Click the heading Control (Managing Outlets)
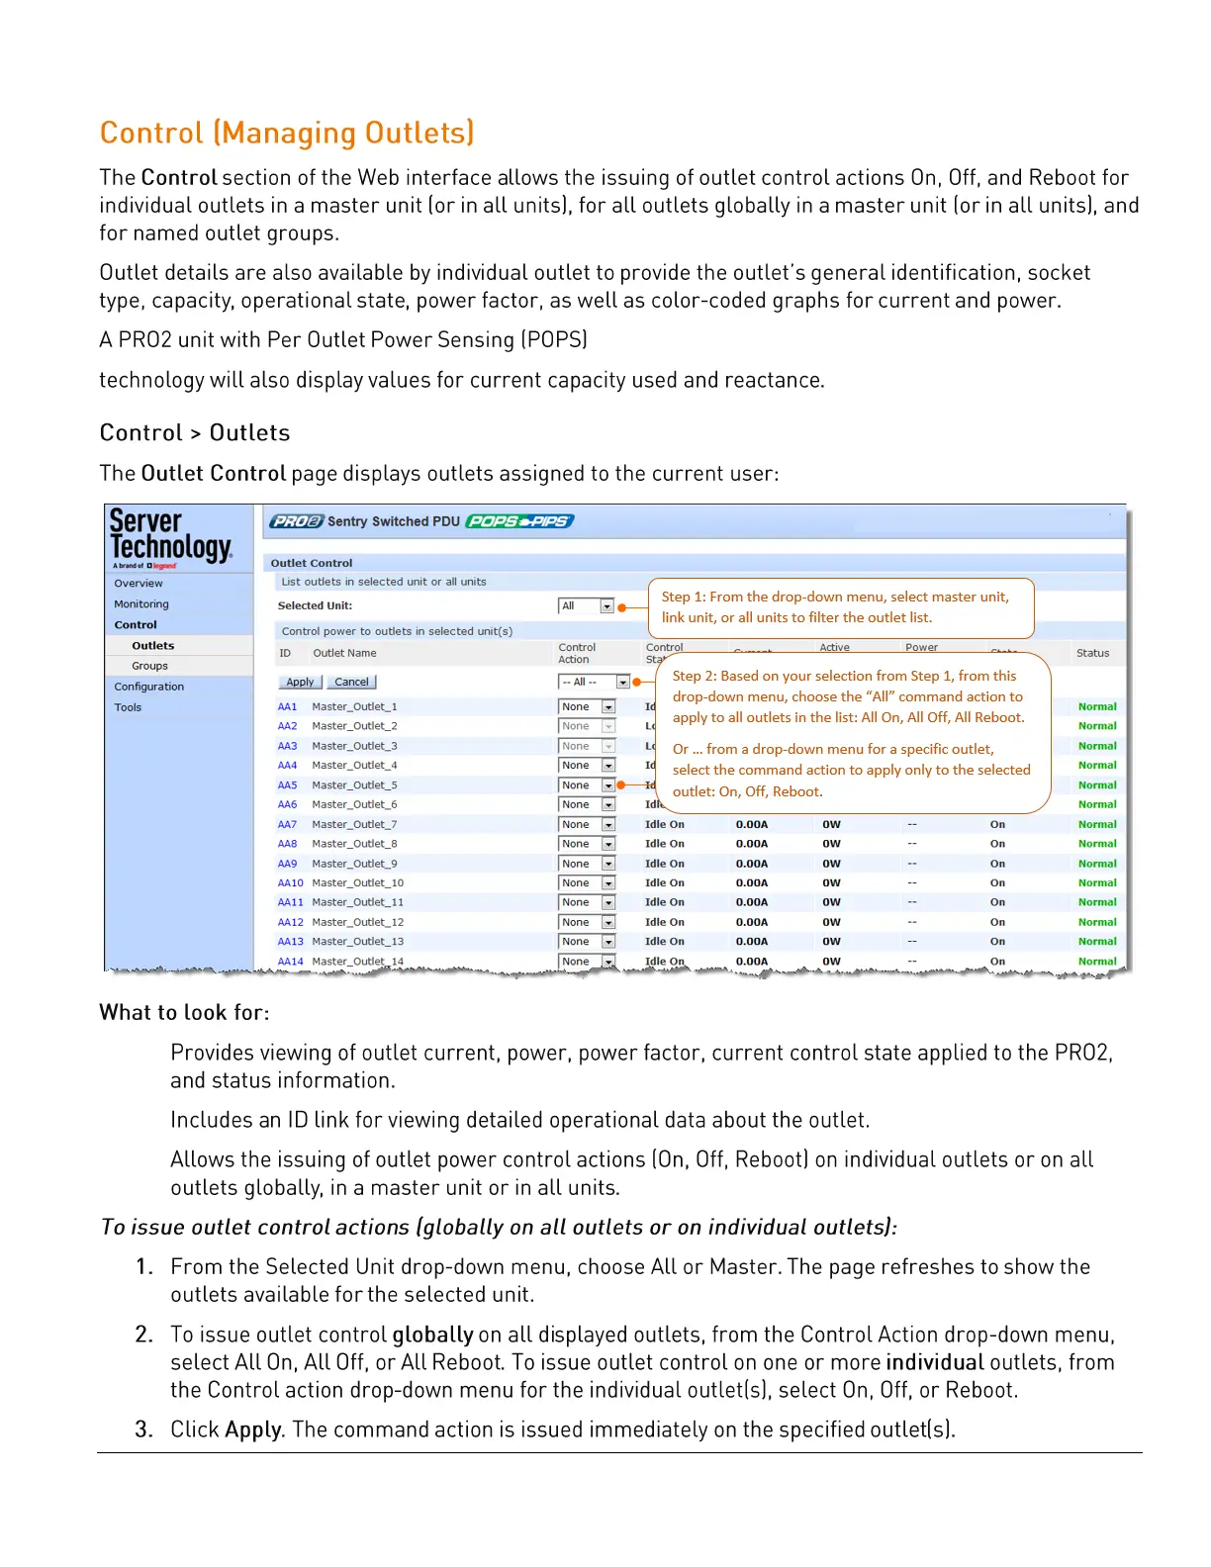(x=287, y=133)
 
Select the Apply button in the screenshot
(x=300, y=683)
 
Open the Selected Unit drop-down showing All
(x=587, y=606)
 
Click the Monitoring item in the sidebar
(x=141, y=604)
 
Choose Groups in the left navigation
(x=150, y=667)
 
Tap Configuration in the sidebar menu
(x=149, y=687)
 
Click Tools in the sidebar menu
(x=128, y=707)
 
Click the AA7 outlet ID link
(x=287, y=824)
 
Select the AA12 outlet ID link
(x=290, y=922)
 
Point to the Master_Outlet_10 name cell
(x=358, y=883)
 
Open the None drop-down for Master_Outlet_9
(x=587, y=864)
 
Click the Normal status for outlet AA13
(x=1097, y=942)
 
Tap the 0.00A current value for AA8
(x=752, y=844)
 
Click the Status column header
(x=1092, y=653)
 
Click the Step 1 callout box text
(x=836, y=607)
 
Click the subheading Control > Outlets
(x=195, y=433)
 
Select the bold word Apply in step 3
(x=253, y=1429)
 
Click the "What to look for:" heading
(x=184, y=1013)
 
